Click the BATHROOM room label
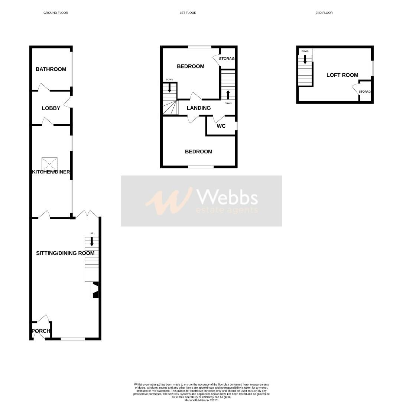(x=51, y=69)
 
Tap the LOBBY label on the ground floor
(x=51, y=108)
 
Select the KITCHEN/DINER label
(x=51, y=172)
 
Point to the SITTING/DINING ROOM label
(x=65, y=253)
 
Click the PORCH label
(x=41, y=331)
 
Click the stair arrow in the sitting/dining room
(x=92, y=241)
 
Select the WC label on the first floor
(x=221, y=126)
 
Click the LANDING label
(x=199, y=108)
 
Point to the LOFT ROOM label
(x=342, y=75)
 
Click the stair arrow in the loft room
(x=305, y=60)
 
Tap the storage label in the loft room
(x=365, y=92)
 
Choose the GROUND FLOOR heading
(x=56, y=13)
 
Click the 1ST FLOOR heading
(x=188, y=13)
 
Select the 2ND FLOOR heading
(x=324, y=13)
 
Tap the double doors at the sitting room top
(x=88, y=214)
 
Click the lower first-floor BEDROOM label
(x=199, y=151)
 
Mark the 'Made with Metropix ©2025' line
(x=201, y=400)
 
